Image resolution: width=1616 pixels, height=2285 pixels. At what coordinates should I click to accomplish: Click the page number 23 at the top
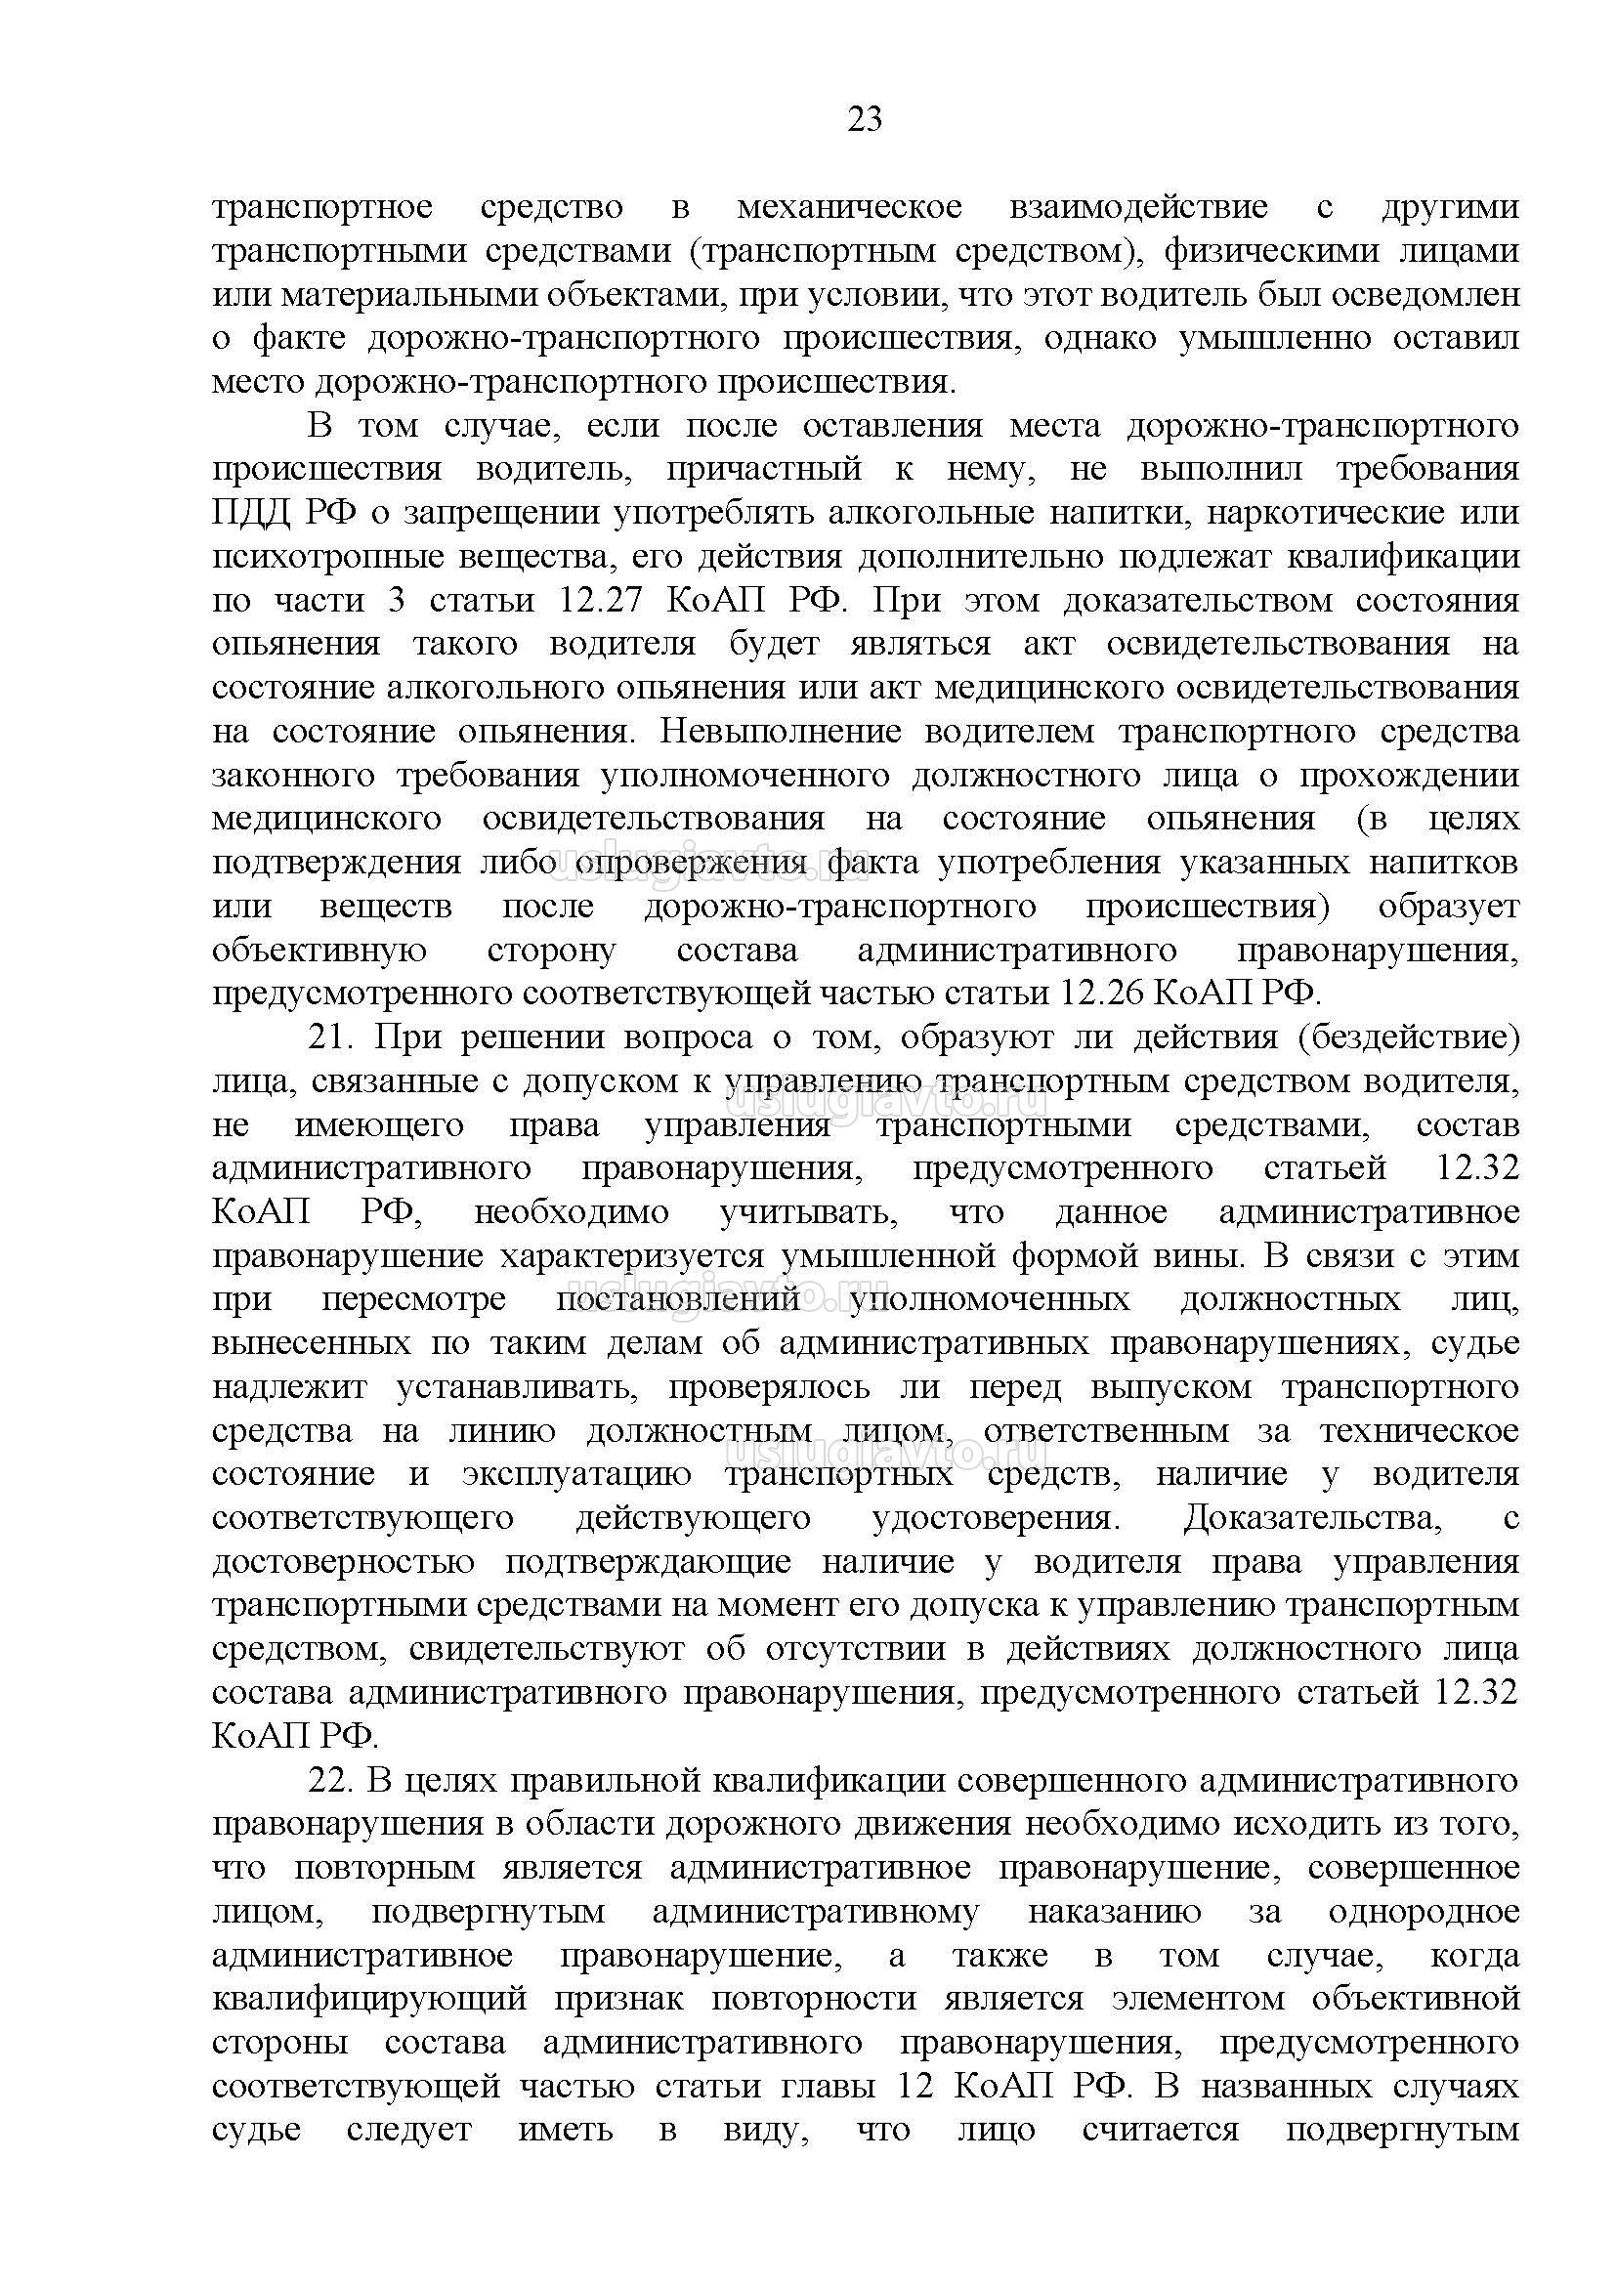pos(865,119)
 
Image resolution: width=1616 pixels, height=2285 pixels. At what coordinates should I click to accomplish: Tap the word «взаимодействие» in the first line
pos(1138,207)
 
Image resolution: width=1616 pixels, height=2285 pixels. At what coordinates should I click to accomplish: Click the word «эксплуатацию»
pos(577,1474)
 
